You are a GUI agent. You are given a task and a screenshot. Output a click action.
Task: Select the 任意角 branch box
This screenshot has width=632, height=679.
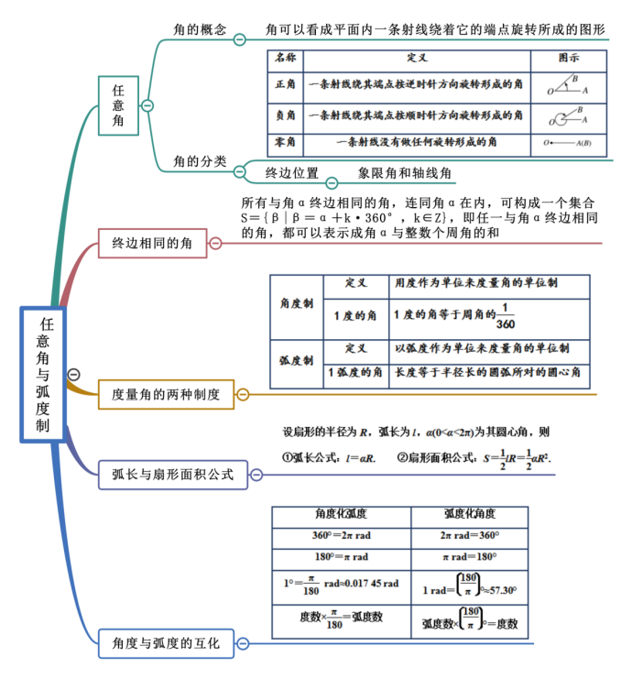[118, 105]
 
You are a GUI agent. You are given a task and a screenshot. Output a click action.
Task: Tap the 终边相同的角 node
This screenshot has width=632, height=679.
[152, 243]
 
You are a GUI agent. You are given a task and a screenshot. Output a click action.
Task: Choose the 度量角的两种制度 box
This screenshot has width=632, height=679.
[166, 395]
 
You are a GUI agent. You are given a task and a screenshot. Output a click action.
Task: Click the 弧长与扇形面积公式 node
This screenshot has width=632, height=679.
[173, 474]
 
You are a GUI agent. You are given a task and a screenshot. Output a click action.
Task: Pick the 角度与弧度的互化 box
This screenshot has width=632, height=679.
[166, 643]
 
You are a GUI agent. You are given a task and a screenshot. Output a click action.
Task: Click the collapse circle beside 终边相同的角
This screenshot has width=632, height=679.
[215, 243]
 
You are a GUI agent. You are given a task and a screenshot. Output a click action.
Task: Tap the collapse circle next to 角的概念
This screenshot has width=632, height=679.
[239, 38]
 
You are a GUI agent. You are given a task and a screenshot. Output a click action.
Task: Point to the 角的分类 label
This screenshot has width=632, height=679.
[200, 161]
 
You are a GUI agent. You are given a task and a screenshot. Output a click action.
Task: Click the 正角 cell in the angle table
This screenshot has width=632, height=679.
[285, 85]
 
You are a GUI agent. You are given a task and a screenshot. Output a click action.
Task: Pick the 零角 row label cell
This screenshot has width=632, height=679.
[285, 143]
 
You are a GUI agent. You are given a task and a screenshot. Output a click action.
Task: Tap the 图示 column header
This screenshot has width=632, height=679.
[568, 58]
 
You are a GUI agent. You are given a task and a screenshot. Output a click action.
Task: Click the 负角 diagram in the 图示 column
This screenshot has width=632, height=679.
[568, 115]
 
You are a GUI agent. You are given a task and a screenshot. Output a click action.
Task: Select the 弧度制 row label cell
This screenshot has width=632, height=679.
[296, 361]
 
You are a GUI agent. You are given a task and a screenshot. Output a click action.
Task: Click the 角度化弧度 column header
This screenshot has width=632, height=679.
[341, 515]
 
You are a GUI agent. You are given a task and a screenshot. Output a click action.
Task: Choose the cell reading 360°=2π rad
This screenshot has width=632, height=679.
[341, 536]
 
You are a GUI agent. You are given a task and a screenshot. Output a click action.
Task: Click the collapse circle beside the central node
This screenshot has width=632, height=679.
[74, 374]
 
